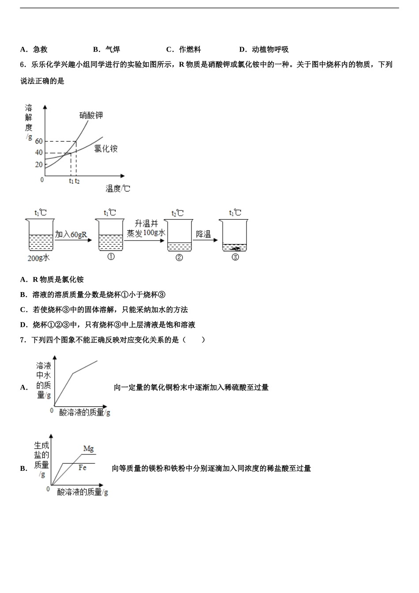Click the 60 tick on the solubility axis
click(39, 141)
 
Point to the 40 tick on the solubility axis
click(39, 153)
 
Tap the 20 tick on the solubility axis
click(39, 165)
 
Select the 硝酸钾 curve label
click(91, 116)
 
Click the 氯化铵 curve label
click(105, 149)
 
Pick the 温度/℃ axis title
click(118, 188)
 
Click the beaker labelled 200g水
click(40, 235)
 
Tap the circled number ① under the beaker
click(111, 256)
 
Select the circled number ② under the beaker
click(179, 257)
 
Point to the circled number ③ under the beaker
click(235, 257)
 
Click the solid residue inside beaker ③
click(236, 248)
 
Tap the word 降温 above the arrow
click(203, 234)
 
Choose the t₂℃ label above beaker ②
click(177, 213)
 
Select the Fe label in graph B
click(82, 468)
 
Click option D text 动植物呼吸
click(270, 49)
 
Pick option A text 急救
click(40, 49)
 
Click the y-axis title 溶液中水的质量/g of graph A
click(44, 380)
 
